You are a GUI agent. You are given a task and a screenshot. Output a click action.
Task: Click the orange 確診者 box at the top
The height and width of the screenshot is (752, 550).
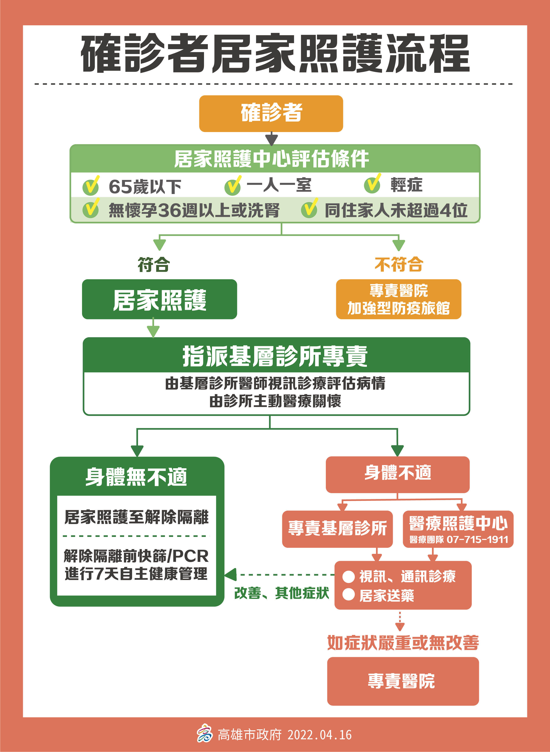click(271, 113)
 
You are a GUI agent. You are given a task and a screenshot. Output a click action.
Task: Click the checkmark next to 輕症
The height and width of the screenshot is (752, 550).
click(373, 184)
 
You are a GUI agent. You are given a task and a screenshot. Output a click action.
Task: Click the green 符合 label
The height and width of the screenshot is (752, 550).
click(154, 265)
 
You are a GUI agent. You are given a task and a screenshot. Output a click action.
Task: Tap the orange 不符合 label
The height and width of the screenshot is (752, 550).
click(399, 265)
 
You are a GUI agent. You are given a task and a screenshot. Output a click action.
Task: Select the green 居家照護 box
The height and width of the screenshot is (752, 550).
click(159, 299)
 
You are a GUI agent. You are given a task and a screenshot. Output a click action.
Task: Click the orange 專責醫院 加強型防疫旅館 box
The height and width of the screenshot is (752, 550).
click(399, 299)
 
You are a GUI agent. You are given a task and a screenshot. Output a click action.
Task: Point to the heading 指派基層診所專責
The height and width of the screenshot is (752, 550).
click(275, 356)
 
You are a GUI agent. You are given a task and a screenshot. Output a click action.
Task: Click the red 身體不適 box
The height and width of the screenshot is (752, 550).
click(397, 475)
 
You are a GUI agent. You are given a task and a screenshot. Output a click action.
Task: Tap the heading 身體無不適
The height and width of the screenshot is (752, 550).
click(137, 477)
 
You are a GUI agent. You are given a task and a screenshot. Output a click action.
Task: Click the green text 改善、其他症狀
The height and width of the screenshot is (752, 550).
click(282, 593)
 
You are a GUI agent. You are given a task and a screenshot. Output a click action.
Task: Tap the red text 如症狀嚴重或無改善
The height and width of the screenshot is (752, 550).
click(403, 642)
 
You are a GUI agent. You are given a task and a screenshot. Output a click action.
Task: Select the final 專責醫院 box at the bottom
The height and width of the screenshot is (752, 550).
click(403, 681)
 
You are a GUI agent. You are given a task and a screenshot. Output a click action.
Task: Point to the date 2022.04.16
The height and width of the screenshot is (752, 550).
click(320, 735)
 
